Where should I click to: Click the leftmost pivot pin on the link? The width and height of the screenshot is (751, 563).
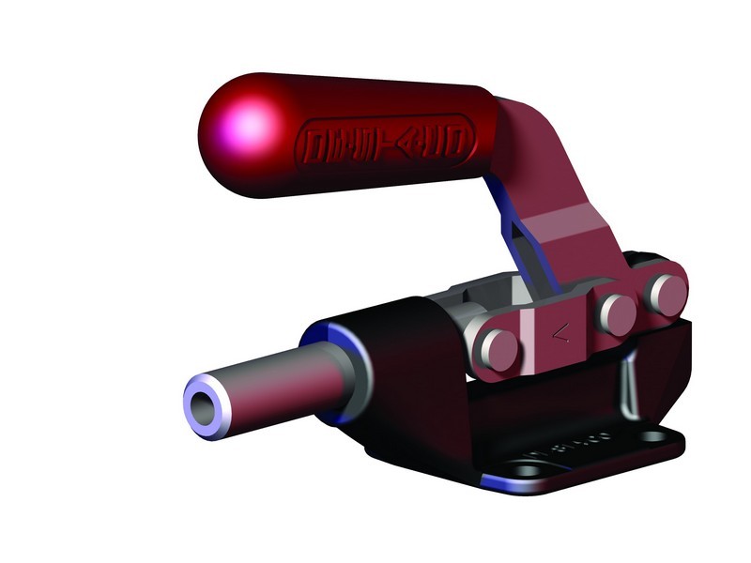coord(498,348)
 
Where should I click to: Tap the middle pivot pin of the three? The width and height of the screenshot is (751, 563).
coord(618,314)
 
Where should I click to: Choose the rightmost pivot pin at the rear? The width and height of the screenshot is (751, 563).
coord(667,294)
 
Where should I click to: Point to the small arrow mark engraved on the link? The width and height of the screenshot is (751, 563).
coord(559,331)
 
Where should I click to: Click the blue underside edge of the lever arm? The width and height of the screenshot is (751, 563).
coord(513,235)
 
